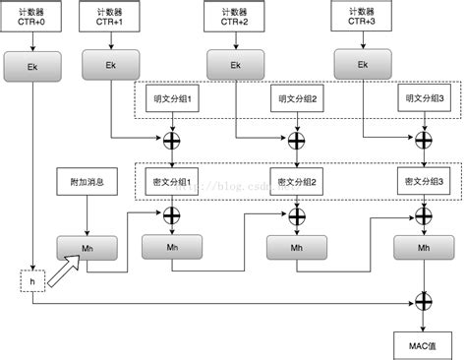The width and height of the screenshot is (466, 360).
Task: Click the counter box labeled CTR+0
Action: pos(32,17)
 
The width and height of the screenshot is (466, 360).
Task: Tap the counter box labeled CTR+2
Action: pos(235,17)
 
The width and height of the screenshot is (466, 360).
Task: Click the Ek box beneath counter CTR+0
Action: pos(32,65)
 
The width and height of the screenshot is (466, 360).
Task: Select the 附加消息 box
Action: pos(87,183)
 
